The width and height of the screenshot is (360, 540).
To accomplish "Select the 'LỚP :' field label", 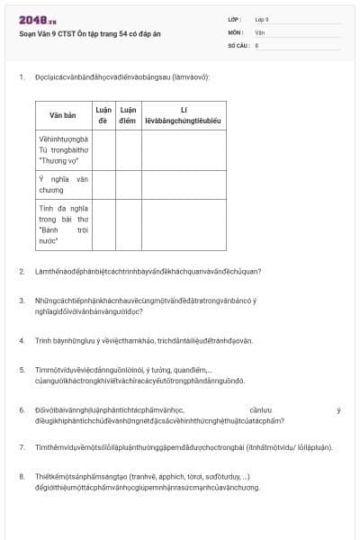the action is pyautogui.click(x=236, y=19).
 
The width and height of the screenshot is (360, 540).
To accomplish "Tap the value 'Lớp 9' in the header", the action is pyautogui.click(x=262, y=19).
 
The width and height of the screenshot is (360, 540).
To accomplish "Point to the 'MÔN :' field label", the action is pyautogui.click(x=236, y=31).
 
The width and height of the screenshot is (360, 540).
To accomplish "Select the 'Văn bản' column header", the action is pyautogui.click(x=63, y=115).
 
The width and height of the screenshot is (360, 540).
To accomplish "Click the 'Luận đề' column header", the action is pyautogui.click(x=103, y=115).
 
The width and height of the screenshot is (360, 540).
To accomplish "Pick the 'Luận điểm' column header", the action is pyautogui.click(x=128, y=115).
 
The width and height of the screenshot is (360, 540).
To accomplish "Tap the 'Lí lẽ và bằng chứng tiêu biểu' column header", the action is pyautogui.click(x=183, y=115).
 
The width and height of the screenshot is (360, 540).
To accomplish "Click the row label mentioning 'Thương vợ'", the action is pyautogui.click(x=63, y=150).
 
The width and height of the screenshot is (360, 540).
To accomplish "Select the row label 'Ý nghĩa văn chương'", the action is pyautogui.click(x=63, y=184).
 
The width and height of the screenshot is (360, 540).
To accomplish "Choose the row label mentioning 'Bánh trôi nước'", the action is pyautogui.click(x=63, y=224).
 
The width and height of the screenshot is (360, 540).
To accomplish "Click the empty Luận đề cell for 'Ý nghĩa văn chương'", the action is pyautogui.click(x=103, y=184).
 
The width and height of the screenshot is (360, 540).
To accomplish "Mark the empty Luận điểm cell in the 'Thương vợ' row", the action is pyautogui.click(x=128, y=150).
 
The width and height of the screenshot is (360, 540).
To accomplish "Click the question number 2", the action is pyautogui.click(x=22, y=271).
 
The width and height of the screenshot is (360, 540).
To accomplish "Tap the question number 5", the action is pyautogui.click(x=22, y=370).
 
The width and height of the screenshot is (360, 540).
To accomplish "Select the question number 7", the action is pyautogui.click(x=22, y=446).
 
